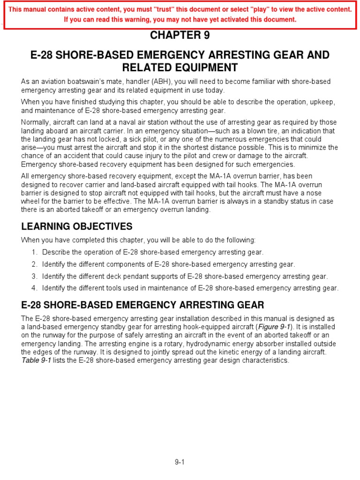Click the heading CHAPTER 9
[x=180, y=36]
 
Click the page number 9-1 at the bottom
[x=180, y=462]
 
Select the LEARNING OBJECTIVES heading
[x=77, y=227]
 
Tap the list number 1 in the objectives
[x=34, y=252]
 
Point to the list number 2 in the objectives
[x=34, y=264]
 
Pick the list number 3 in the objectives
[x=34, y=277]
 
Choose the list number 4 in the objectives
[x=34, y=288]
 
